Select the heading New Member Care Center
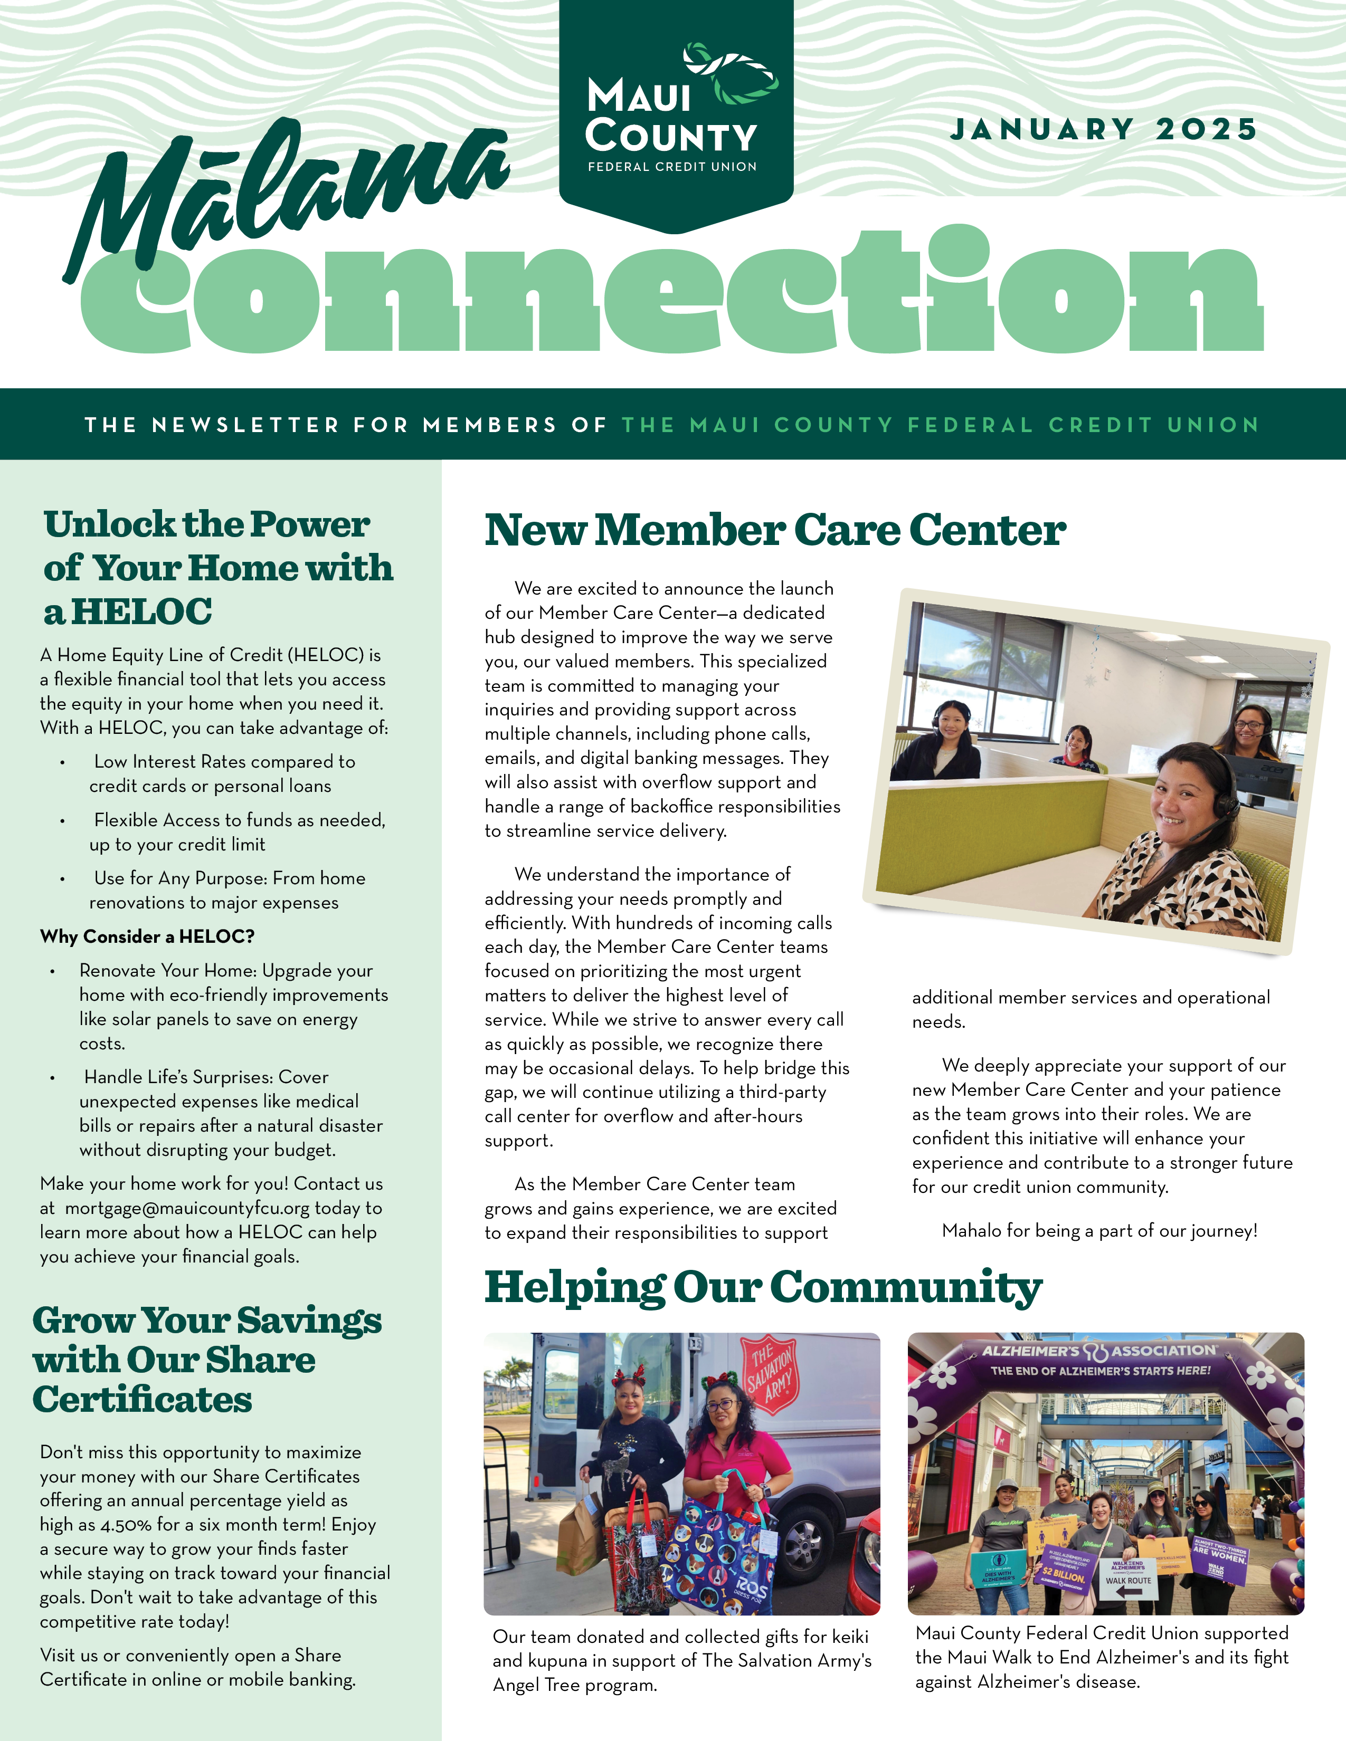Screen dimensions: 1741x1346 [x=774, y=530]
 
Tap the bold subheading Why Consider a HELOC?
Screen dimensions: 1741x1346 [x=147, y=936]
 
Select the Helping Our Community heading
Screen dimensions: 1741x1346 [x=763, y=1287]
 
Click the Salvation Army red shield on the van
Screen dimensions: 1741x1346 [x=770, y=1373]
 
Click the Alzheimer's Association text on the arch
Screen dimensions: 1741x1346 [x=1099, y=1351]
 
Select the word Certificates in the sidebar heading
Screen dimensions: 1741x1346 [x=142, y=1400]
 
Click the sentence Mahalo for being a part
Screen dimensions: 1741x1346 [x=1099, y=1231]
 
